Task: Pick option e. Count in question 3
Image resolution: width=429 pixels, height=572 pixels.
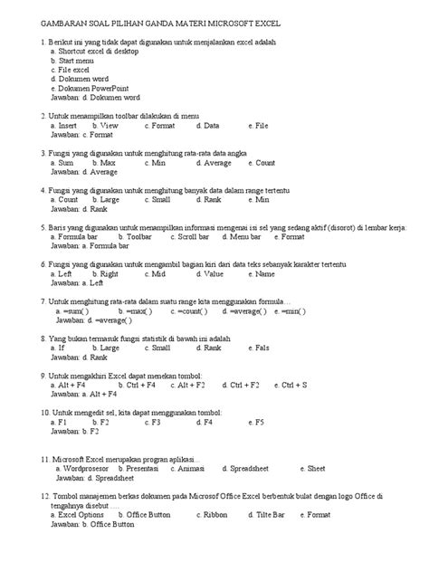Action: pos(259,163)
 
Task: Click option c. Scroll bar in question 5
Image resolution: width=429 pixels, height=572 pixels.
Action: pos(190,237)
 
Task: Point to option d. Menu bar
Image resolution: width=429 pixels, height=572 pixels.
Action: pos(243,237)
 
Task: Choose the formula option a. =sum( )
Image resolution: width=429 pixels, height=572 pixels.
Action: pos(76,310)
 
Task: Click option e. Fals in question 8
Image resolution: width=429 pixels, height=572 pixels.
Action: pos(258,348)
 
